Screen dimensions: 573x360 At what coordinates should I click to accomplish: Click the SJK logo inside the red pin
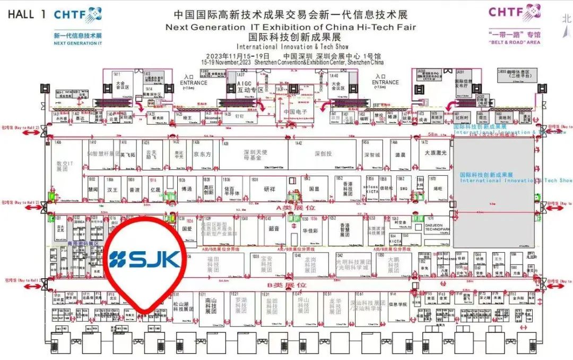point(144,259)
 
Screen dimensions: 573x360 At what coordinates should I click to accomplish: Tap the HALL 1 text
point(27,14)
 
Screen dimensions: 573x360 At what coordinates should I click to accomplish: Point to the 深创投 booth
point(323,154)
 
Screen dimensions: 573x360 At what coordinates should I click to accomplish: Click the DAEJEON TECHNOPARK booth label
point(438,226)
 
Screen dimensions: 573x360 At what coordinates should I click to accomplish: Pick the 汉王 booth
point(111,188)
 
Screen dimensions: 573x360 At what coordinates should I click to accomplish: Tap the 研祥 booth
point(270,188)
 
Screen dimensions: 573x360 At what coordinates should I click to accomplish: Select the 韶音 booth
point(274,229)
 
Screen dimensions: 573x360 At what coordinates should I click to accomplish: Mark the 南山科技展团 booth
point(211,308)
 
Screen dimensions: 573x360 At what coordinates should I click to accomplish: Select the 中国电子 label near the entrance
point(296,112)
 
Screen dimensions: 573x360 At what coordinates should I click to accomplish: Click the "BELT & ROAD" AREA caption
point(514,42)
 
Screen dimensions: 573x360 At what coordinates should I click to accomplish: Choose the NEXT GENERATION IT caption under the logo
point(77,44)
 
